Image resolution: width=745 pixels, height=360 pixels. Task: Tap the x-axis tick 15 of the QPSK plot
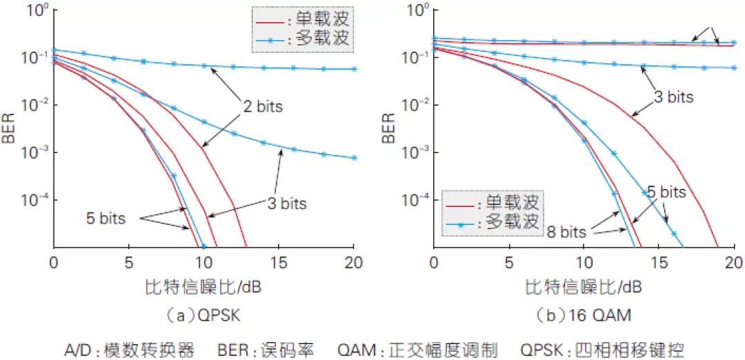tap(279, 262)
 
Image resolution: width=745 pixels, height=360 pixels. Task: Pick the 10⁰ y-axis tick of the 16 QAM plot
tap(418, 10)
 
